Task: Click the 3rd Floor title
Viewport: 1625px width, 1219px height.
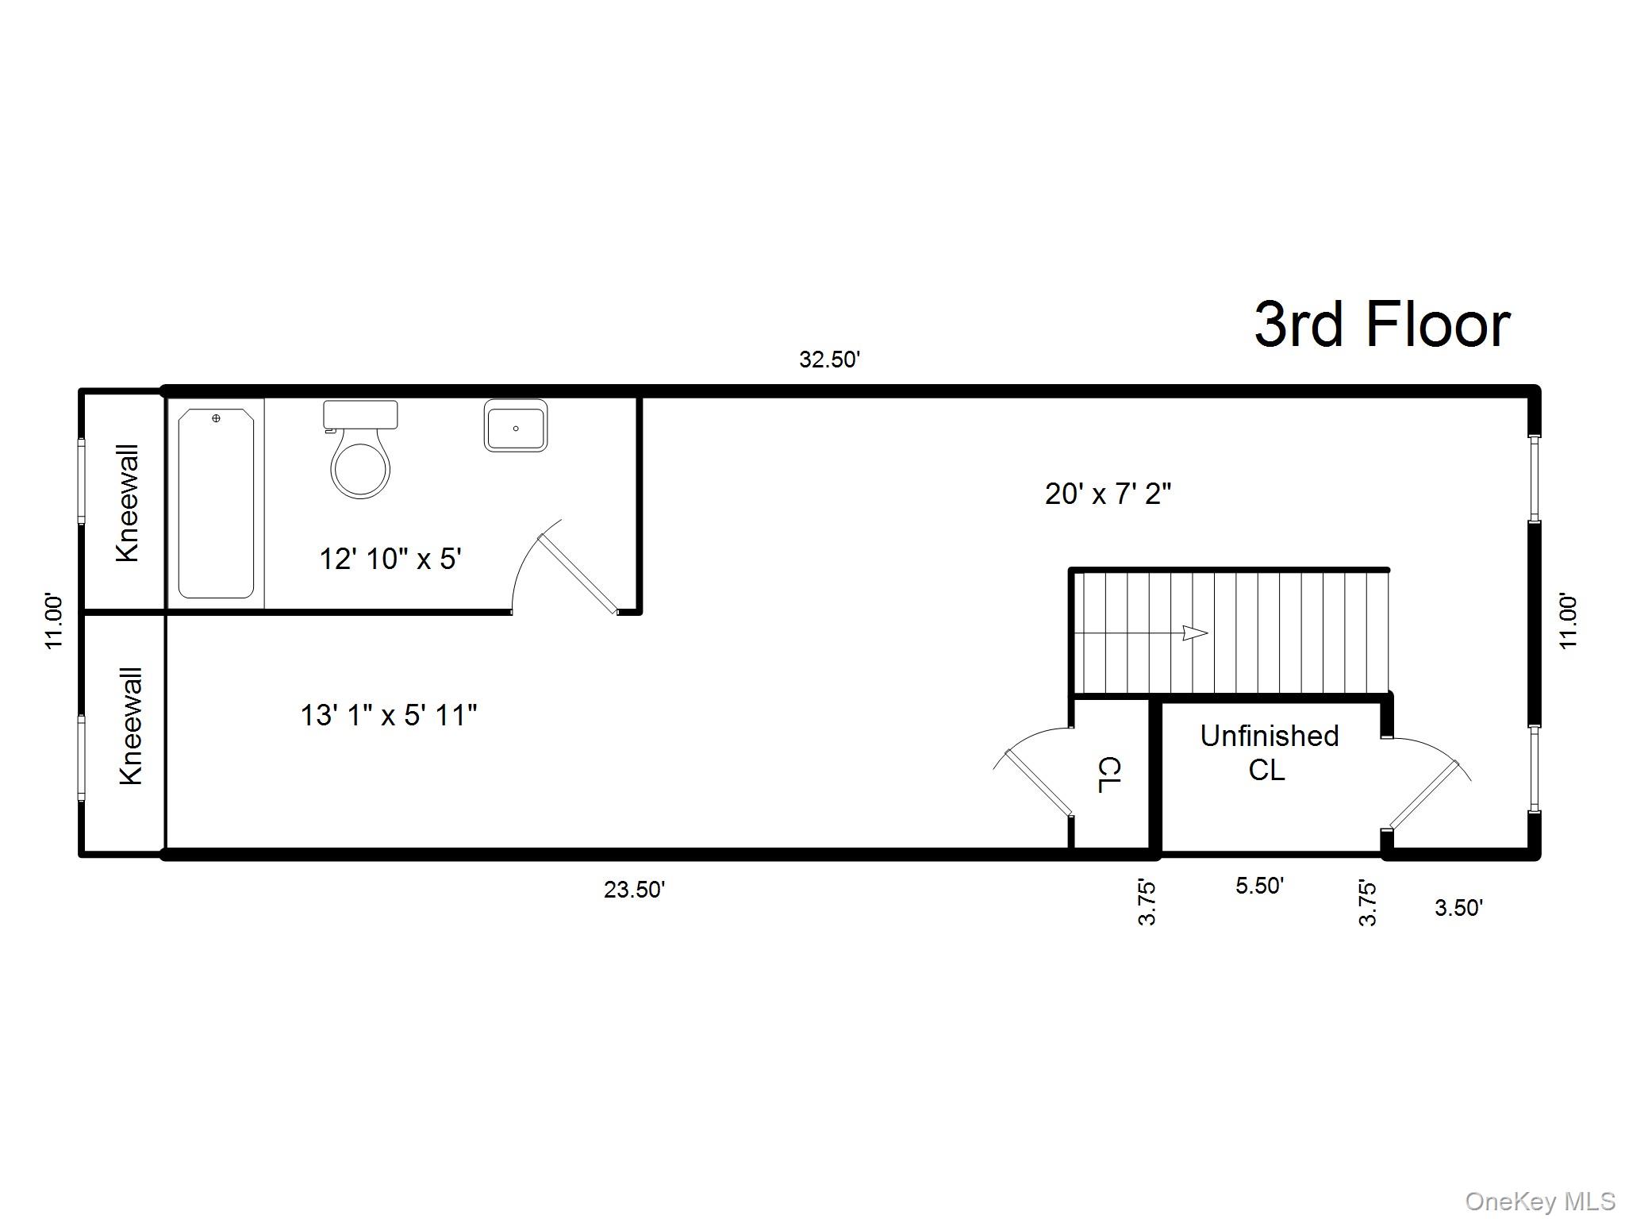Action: tap(1381, 325)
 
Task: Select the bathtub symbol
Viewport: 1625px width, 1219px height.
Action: tap(216, 503)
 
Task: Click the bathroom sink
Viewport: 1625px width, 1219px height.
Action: tap(516, 426)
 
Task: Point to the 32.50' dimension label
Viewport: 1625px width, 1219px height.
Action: tap(829, 360)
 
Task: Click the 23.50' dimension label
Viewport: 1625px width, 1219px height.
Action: tap(634, 890)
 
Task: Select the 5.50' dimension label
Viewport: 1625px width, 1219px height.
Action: tap(1259, 886)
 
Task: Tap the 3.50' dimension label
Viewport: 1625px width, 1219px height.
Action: tap(1458, 908)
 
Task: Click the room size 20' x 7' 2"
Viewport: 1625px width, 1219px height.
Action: tap(1108, 494)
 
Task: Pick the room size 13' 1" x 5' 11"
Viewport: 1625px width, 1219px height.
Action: tap(388, 716)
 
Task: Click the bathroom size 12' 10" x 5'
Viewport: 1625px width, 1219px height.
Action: tap(390, 559)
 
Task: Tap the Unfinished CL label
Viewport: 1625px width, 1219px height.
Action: tap(1269, 752)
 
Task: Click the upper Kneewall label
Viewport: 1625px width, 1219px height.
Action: tap(128, 503)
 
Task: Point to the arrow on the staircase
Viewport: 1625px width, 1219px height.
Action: tap(1194, 633)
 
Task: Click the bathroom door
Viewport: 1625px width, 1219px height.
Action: tap(577, 573)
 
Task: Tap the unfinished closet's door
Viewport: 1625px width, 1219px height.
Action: tap(1424, 795)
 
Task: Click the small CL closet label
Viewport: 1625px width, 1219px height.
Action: tap(1108, 775)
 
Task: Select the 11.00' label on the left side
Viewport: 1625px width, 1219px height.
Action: tap(54, 621)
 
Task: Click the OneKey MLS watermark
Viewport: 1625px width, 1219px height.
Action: tap(1540, 1201)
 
